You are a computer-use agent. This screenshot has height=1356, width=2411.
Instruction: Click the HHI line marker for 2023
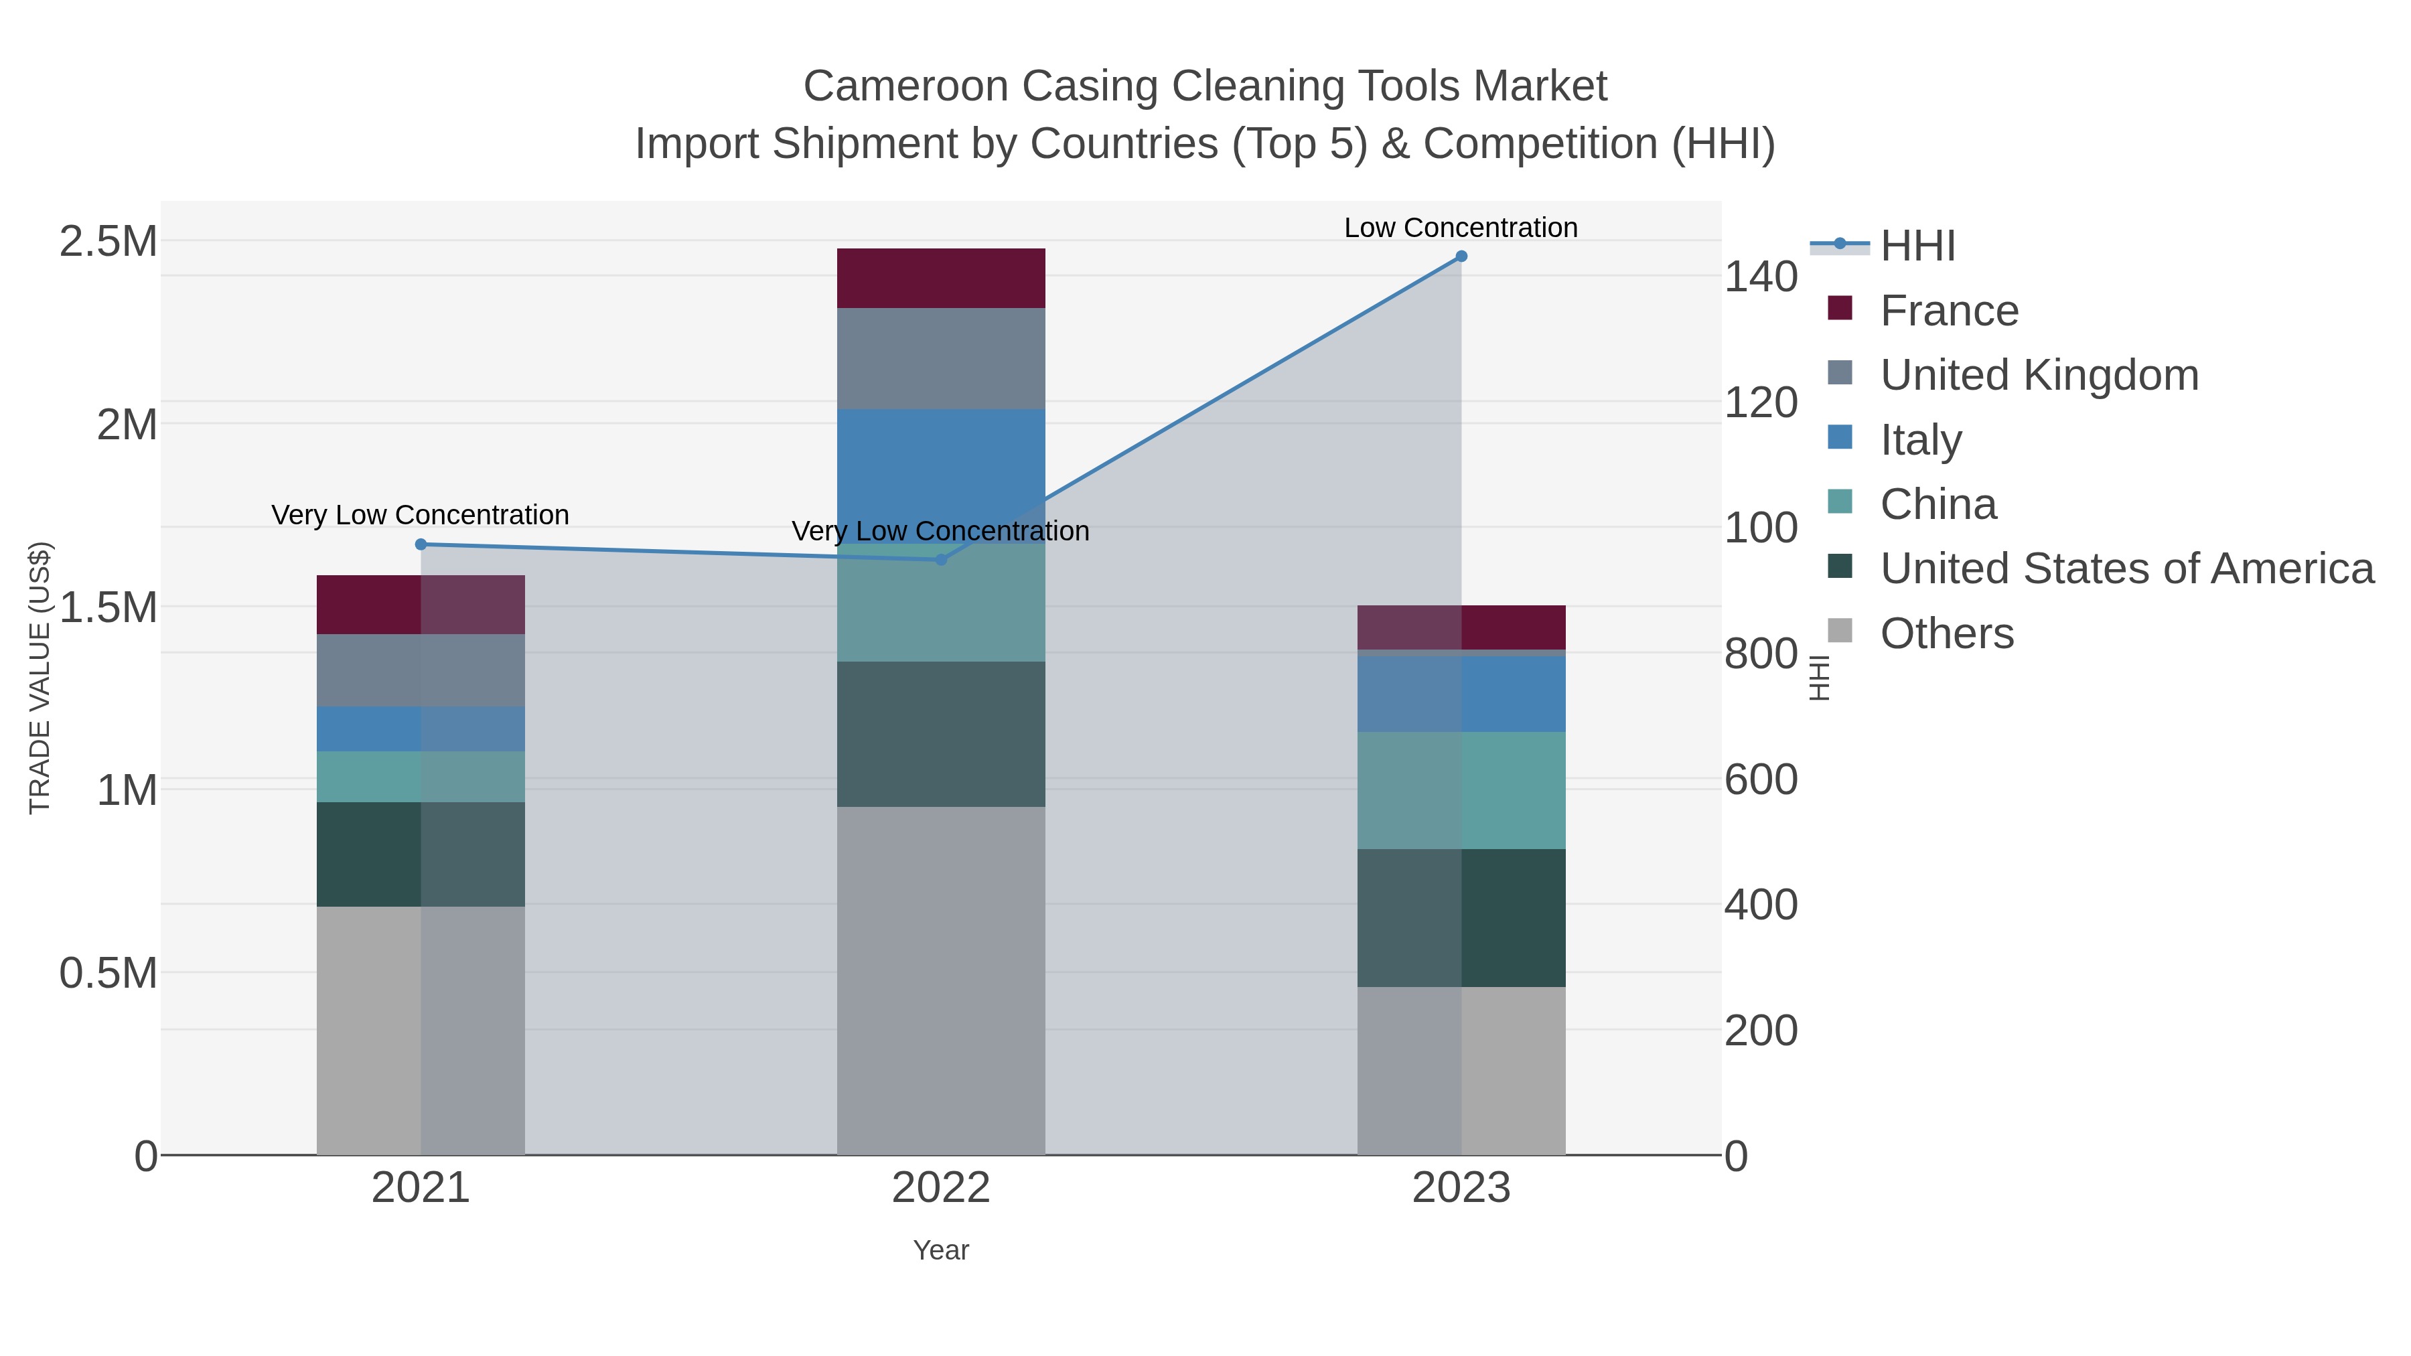tap(1461, 256)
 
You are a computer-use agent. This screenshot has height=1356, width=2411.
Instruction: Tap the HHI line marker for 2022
tap(942, 560)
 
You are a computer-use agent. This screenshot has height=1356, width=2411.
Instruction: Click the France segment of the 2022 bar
tap(941, 278)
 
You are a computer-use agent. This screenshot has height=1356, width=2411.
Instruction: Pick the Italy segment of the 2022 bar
tap(941, 475)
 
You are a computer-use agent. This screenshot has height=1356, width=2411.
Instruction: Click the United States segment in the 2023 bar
tap(1461, 917)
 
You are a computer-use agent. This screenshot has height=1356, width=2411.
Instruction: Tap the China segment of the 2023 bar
tap(1461, 790)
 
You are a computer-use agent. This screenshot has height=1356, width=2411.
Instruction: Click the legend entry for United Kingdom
tap(2039, 375)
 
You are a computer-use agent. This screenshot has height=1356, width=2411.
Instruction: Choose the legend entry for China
tap(1938, 504)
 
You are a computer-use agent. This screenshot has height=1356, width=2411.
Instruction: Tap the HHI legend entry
tap(1917, 246)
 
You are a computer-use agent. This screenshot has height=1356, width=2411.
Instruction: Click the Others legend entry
tap(1946, 633)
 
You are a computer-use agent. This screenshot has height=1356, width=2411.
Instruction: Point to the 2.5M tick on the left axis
tap(108, 242)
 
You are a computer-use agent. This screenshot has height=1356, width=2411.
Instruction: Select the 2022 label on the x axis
tap(941, 1189)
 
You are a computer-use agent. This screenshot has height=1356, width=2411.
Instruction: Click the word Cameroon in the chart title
tap(905, 86)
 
